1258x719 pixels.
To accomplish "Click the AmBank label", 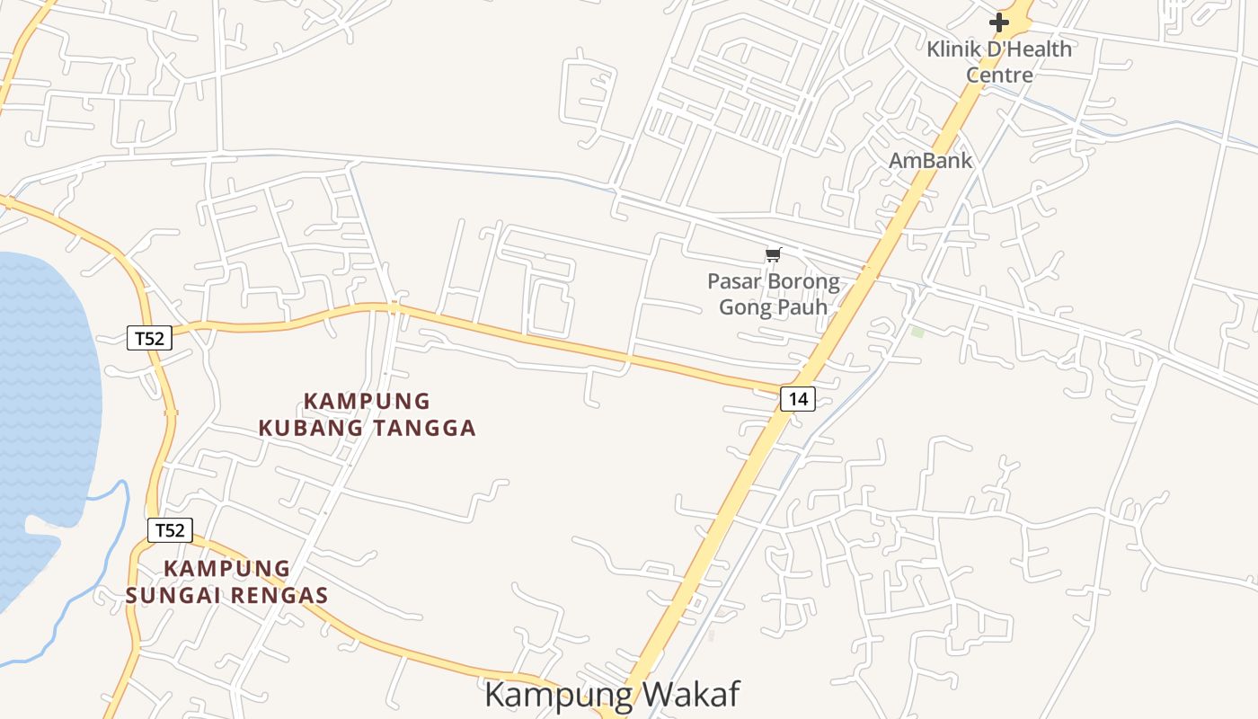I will pos(930,161).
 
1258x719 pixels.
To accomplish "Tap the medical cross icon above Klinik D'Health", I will pos(999,22).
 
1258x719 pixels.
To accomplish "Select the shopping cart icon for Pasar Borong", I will pos(773,255).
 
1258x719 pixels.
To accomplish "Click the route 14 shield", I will pos(798,398).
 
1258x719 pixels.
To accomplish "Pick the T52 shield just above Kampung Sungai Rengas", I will pos(170,530).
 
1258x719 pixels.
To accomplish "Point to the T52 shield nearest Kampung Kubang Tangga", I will pos(148,338).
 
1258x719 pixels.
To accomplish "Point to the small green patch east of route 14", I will pos(917,333).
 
